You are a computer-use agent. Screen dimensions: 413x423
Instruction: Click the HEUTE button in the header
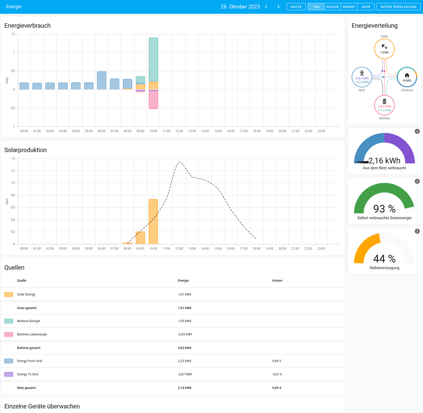click(296, 7)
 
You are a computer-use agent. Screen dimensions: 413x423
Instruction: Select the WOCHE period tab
click(333, 7)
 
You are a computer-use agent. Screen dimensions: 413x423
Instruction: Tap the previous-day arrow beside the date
click(266, 7)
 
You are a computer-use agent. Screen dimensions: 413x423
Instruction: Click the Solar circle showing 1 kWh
click(384, 49)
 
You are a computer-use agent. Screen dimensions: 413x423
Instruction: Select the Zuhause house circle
click(407, 77)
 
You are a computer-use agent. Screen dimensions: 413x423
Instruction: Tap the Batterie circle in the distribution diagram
click(384, 105)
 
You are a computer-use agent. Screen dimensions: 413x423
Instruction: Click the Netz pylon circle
click(362, 77)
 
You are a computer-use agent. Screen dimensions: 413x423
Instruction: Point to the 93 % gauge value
click(384, 209)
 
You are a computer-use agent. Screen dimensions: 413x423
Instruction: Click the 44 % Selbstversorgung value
click(384, 259)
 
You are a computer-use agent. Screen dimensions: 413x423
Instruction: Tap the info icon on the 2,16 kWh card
click(417, 131)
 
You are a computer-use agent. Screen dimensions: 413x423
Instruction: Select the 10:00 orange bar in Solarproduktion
click(153, 222)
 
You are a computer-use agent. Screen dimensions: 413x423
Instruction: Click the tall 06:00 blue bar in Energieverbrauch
click(102, 81)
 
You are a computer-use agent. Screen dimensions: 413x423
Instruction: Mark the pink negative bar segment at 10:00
click(153, 100)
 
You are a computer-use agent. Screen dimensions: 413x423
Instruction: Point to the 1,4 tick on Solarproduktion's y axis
click(13, 159)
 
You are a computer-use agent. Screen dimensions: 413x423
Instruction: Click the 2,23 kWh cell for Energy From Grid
click(184, 361)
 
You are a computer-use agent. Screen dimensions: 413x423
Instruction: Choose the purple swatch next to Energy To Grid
click(9, 374)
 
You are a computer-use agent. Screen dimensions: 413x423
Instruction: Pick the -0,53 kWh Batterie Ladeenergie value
click(185, 334)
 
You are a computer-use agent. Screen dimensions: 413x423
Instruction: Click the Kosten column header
click(277, 280)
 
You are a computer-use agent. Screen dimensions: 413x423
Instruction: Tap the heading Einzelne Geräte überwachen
click(42, 406)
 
